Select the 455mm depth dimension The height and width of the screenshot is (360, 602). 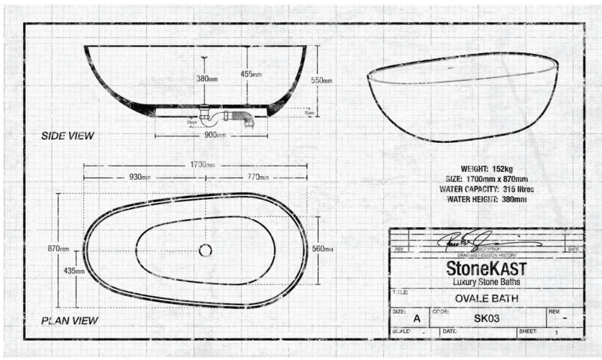coord(251,74)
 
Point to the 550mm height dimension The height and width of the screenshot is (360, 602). coord(322,81)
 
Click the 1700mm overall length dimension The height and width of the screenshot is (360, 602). coord(202,165)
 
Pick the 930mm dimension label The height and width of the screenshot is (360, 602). coord(140,177)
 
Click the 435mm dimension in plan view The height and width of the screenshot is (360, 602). coord(76,271)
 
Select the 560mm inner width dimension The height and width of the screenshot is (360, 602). coord(322,249)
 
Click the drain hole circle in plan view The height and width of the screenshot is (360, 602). coord(206,250)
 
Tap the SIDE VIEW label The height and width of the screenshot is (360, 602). coord(68,136)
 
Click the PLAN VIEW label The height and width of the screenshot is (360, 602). coord(70,320)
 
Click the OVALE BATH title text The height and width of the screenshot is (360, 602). coord(486,298)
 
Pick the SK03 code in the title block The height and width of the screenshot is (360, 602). coord(486,318)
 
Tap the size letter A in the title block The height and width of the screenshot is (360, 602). coord(417,318)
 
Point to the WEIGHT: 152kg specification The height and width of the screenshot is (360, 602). coord(487,168)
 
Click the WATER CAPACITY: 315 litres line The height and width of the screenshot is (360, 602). coord(487,189)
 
